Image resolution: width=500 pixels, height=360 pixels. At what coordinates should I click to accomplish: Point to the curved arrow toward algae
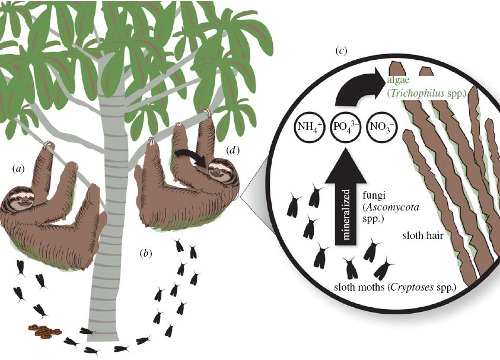coord(356,89)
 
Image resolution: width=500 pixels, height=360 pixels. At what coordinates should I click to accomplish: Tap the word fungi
coord(371,192)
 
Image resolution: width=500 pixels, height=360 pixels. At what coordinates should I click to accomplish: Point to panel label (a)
coord(19,168)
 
